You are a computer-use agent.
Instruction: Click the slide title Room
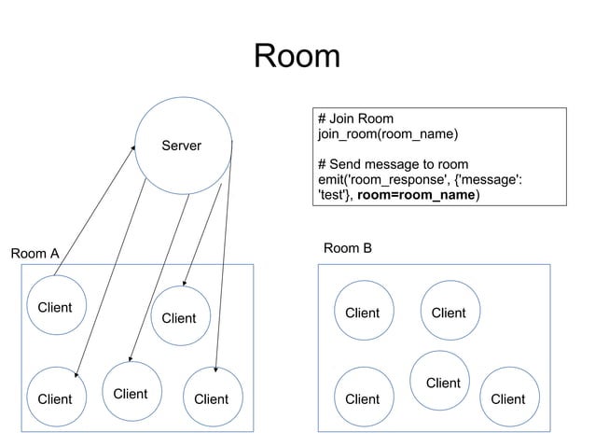click(x=297, y=57)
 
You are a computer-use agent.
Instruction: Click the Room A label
click(x=35, y=253)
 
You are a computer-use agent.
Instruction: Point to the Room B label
click(x=347, y=247)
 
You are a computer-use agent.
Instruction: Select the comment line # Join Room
click(x=355, y=118)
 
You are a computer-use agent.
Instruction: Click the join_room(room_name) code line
click(x=387, y=134)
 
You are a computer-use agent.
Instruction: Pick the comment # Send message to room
click(x=393, y=165)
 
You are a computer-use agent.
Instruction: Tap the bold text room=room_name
click(x=416, y=196)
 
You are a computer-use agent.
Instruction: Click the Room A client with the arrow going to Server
click(x=54, y=307)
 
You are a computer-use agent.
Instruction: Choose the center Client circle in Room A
click(x=179, y=318)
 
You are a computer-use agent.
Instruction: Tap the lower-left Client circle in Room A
click(x=54, y=398)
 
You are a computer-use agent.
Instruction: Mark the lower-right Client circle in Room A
click(x=211, y=398)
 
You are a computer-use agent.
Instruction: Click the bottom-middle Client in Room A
click(x=131, y=394)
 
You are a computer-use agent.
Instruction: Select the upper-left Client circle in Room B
click(x=362, y=313)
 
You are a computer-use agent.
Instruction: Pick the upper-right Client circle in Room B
click(x=448, y=313)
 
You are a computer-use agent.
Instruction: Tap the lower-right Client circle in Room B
click(x=507, y=398)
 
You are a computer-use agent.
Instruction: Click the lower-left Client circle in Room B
click(x=362, y=398)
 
